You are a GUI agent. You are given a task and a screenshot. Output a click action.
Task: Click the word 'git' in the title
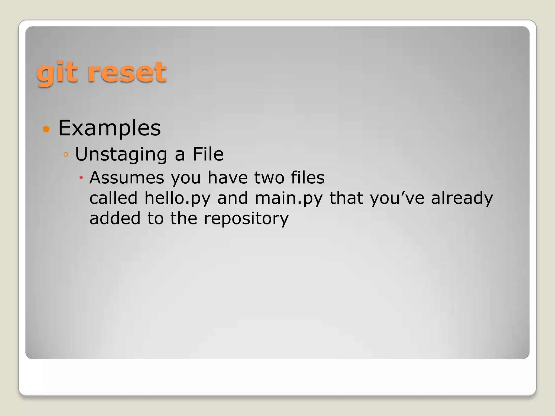point(58,73)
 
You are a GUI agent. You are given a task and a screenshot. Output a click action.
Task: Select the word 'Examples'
point(109,128)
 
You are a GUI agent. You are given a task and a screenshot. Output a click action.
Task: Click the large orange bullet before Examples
point(46,129)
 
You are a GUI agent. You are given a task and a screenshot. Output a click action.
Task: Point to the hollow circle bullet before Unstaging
point(66,155)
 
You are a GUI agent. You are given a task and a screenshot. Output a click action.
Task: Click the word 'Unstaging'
point(121,154)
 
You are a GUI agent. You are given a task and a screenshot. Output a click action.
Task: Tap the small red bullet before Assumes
point(81,178)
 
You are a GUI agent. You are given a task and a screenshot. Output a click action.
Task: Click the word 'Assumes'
point(127,178)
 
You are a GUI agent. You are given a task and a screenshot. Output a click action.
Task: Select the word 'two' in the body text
point(269,178)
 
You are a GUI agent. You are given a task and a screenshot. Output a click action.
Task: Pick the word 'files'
point(308,178)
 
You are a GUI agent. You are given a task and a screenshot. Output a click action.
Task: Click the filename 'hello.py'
point(177,198)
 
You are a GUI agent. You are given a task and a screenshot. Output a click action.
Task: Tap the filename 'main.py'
point(289,198)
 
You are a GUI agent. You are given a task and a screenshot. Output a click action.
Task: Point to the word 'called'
point(114,198)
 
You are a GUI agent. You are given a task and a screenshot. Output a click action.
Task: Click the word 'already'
point(462,198)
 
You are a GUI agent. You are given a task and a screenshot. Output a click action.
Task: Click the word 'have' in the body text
point(228,178)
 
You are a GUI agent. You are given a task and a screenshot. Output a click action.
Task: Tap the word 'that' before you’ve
point(346,198)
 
